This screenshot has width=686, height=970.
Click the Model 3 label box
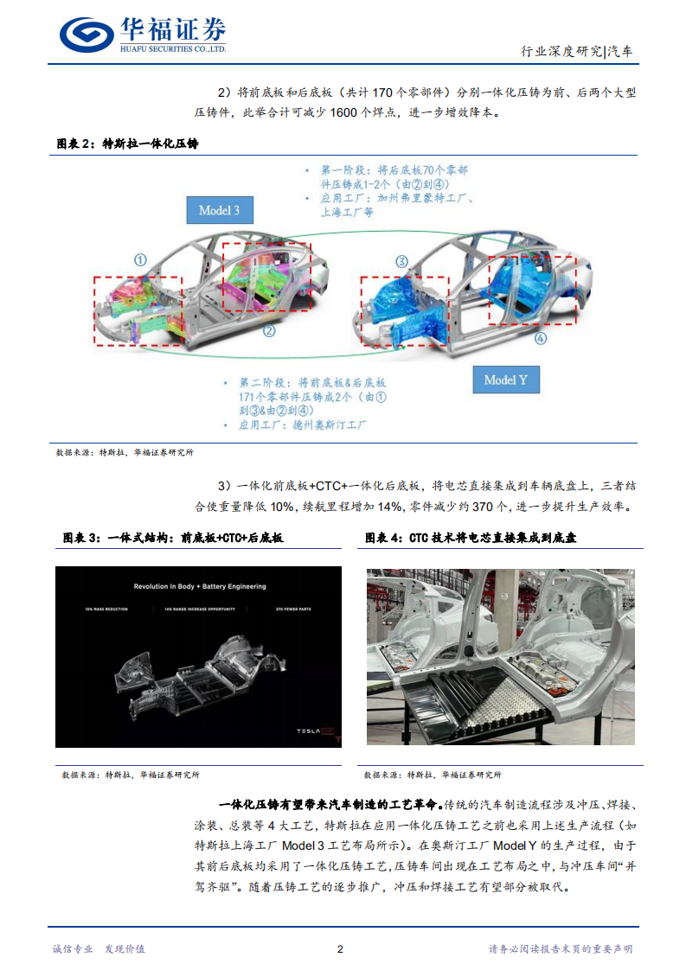[x=220, y=210]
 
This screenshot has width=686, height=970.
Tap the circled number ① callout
[x=140, y=259]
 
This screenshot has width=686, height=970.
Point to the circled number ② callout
[x=269, y=330]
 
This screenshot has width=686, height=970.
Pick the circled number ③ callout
[x=401, y=260]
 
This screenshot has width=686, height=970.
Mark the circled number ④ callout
[x=541, y=339]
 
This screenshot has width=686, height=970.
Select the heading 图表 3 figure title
[x=173, y=538]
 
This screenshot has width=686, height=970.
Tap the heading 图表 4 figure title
[x=471, y=538]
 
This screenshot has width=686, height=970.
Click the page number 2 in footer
[x=340, y=948]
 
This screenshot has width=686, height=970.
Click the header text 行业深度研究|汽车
[x=577, y=52]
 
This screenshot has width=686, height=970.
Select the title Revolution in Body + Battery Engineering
[x=200, y=587]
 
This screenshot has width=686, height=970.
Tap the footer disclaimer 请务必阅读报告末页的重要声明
[x=561, y=948]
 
